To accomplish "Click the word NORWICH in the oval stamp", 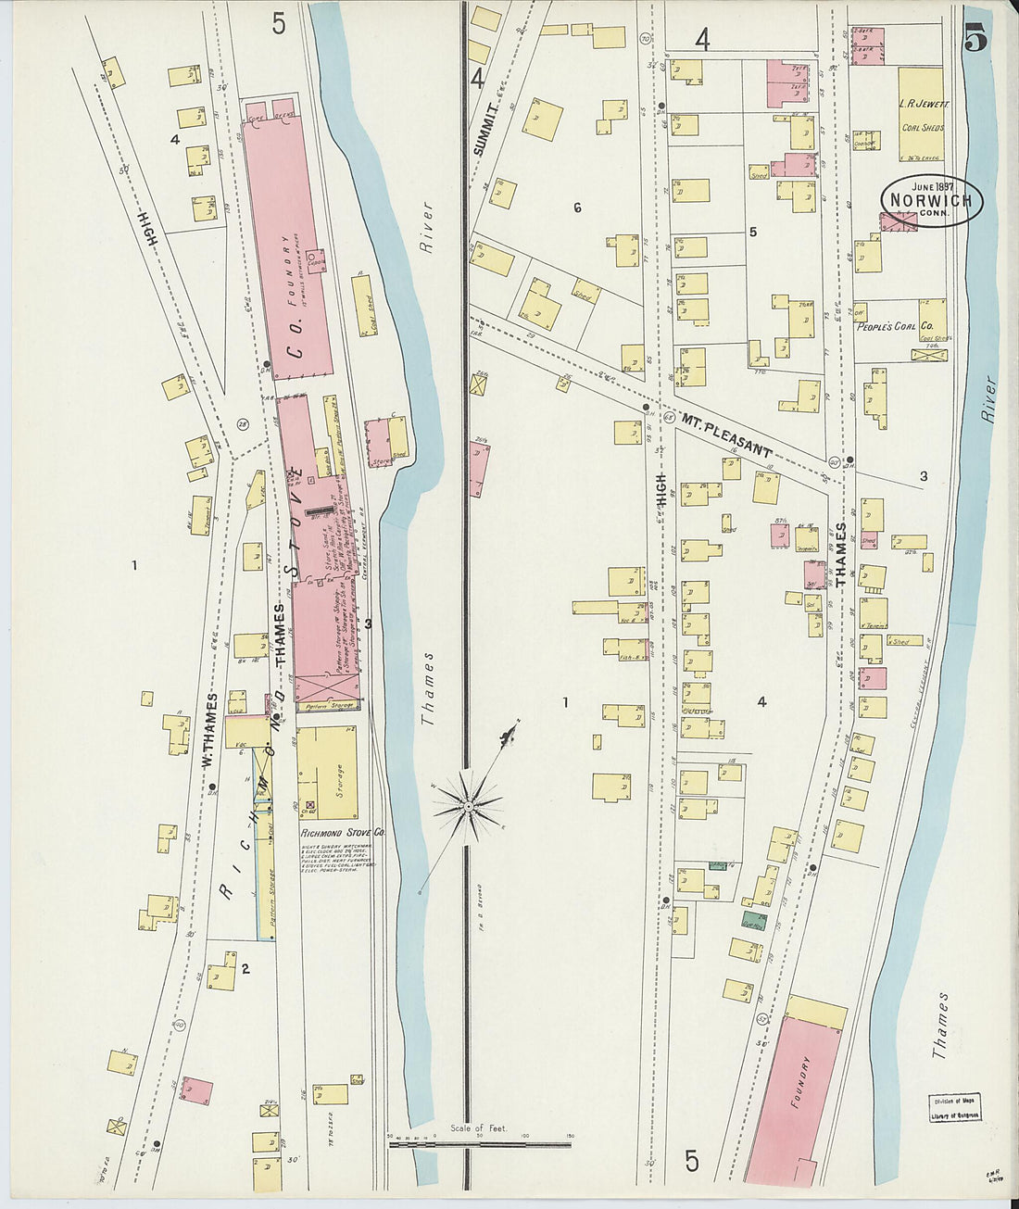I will pos(931,200).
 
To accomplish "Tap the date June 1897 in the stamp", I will pos(930,185).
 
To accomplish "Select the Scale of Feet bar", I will pos(481,1144).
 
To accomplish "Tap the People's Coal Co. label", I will pos(893,326).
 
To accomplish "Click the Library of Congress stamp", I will pos(955,1107).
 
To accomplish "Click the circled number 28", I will pos(243,424).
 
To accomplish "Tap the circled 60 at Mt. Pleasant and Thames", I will pos(834,462).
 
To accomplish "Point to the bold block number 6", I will pos(577,208).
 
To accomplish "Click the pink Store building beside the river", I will pos(377,443).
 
